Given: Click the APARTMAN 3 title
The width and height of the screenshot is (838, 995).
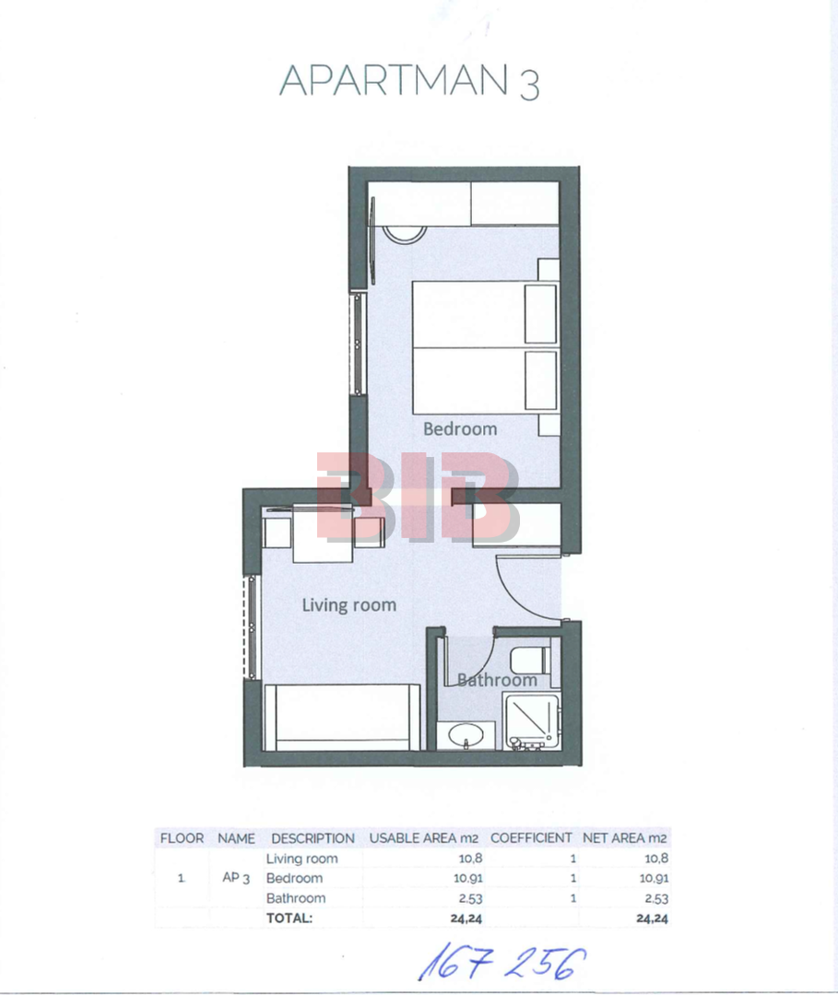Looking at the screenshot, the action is pyautogui.click(x=409, y=80).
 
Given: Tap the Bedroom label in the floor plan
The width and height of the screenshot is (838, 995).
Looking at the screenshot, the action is pyautogui.click(x=460, y=429).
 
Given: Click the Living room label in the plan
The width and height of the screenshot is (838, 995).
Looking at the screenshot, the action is pyautogui.click(x=349, y=605).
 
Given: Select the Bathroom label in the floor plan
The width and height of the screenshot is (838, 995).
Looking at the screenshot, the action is pyautogui.click(x=497, y=680).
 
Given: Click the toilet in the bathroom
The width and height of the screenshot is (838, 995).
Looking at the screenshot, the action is pyautogui.click(x=530, y=660).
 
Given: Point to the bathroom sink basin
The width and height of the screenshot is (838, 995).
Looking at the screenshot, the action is pyautogui.click(x=466, y=737).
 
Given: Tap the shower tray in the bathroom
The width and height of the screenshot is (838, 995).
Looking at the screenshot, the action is pyautogui.click(x=531, y=722).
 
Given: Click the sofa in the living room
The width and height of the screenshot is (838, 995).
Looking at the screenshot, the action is pyautogui.click(x=342, y=718).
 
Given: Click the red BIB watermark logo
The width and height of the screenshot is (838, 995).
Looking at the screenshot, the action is pyautogui.click(x=418, y=497).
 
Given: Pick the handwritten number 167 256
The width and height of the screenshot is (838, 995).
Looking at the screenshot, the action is pyautogui.click(x=502, y=962).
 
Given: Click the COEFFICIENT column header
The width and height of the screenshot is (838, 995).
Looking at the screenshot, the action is pyautogui.click(x=531, y=837).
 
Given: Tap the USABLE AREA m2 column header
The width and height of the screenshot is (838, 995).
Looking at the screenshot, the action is pyautogui.click(x=423, y=837).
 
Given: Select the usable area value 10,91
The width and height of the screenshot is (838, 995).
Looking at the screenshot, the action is pyautogui.click(x=468, y=878).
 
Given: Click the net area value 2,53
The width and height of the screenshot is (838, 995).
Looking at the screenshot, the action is pyautogui.click(x=656, y=898).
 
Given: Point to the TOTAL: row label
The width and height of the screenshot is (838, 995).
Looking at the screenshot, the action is pyautogui.click(x=289, y=919).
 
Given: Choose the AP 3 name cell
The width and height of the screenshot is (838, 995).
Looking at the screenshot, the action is pyautogui.click(x=235, y=878).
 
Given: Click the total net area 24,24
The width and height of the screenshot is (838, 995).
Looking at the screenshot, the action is pyautogui.click(x=652, y=919).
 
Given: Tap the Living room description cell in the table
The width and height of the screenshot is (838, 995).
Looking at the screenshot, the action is pyautogui.click(x=301, y=859).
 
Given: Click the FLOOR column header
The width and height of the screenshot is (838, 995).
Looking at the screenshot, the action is pyautogui.click(x=182, y=838).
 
